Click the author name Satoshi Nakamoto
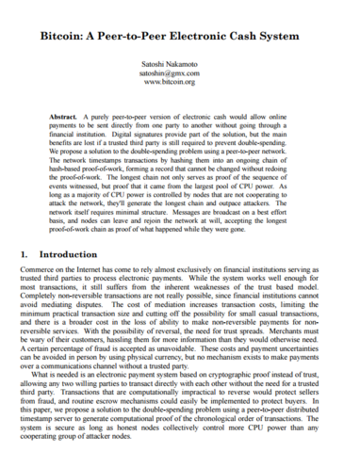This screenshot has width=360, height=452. click(x=180, y=62)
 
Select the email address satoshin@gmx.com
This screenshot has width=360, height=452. click(x=180, y=73)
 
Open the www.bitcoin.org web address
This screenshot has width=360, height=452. click(x=180, y=83)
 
